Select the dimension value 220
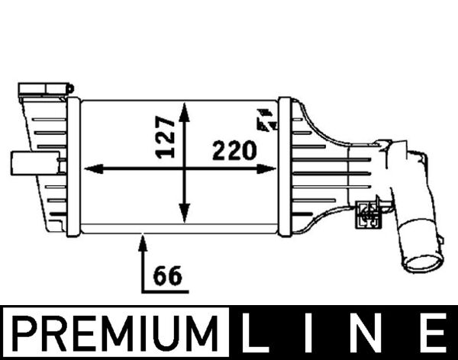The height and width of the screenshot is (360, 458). pyautogui.click(x=234, y=150)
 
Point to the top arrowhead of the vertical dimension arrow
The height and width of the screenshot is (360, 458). pyautogui.click(x=184, y=111)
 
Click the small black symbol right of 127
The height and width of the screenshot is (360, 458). pyautogui.click(x=266, y=121)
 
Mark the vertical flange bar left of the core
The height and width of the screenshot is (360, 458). pyautogui.click(x=73, y=166)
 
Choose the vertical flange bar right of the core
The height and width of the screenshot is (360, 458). pyautogui.click(x=284, y=166)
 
